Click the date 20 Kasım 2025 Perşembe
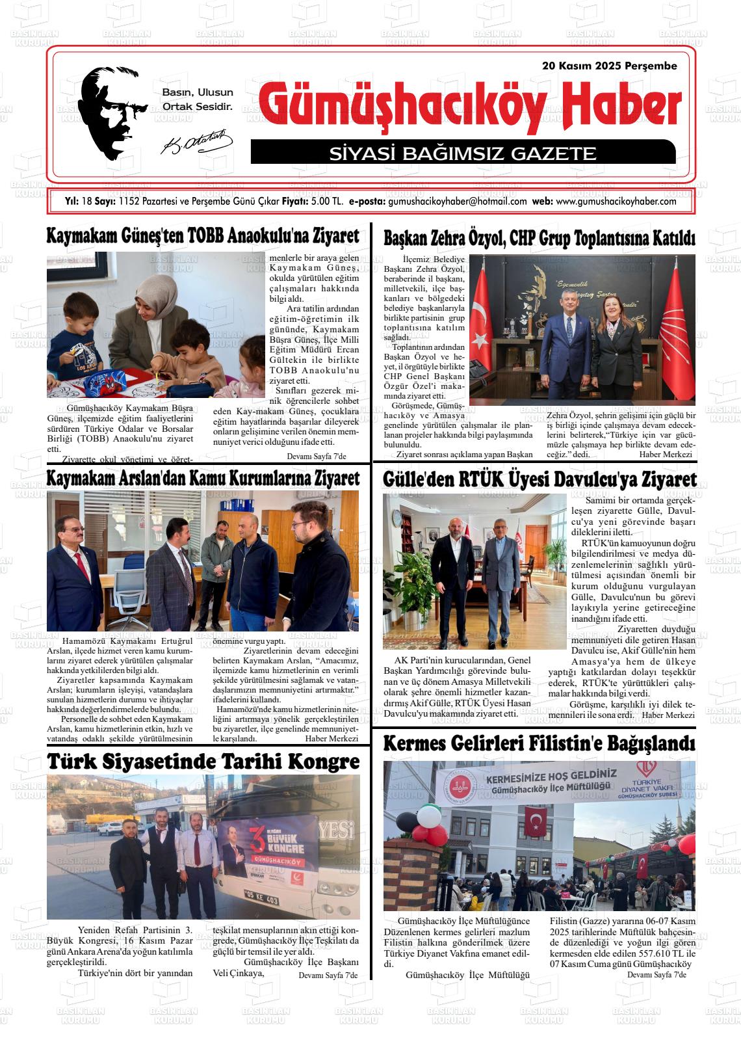(x=609, y=66)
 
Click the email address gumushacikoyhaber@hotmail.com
(x=457, y=202)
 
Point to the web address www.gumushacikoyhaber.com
(x=616, y=202)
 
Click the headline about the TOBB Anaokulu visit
(x=203, y=236)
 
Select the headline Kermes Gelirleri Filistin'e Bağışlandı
(x=539, y=743)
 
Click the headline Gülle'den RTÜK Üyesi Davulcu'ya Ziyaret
(x=539, y=480)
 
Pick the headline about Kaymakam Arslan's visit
(x=203, y=478)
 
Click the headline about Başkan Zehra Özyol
(x=539, y=238)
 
